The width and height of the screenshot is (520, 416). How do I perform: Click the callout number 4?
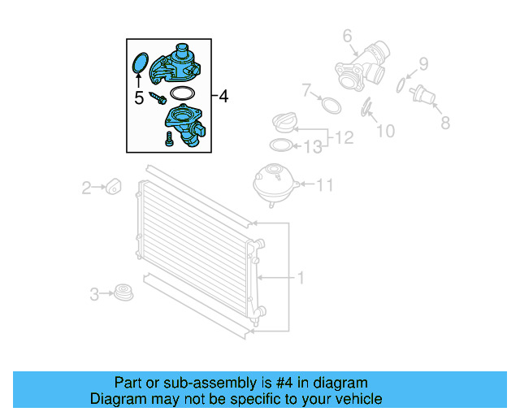[223, 97]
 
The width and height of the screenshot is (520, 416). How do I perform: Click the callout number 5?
[139, 98]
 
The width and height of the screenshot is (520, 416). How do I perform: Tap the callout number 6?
[346, 35]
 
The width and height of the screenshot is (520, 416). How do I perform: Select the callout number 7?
[306, 89]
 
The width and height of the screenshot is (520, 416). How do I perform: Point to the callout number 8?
[444, 123]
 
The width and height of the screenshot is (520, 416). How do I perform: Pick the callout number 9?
[423, 63]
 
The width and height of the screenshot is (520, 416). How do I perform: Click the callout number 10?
[385, 131]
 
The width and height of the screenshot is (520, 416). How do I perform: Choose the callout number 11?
[324, 186]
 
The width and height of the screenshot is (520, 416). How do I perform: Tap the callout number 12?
[344, 138]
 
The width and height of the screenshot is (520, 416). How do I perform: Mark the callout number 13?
[313, 147]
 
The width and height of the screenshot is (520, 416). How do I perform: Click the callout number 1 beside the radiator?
[300, 278]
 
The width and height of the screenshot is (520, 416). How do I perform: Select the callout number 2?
[87, 188]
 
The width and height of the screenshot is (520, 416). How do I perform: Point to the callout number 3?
[94, 292]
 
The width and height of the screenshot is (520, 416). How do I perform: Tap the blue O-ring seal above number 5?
[139, 63]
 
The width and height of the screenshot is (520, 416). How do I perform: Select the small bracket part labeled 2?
[114, 186]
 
